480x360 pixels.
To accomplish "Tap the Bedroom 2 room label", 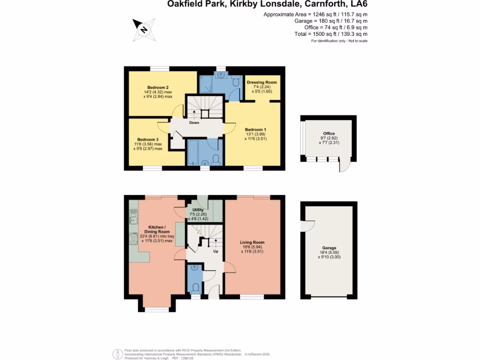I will click(x=157, y=88).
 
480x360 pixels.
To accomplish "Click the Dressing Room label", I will click(x=262, y=82).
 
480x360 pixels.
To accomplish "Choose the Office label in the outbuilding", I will click(x=329, y=134).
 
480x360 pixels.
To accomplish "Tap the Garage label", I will click(x=329, y=248).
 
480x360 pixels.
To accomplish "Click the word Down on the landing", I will click(x=194, y=123).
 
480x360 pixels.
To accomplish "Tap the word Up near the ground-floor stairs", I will click(x=216, y=251).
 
